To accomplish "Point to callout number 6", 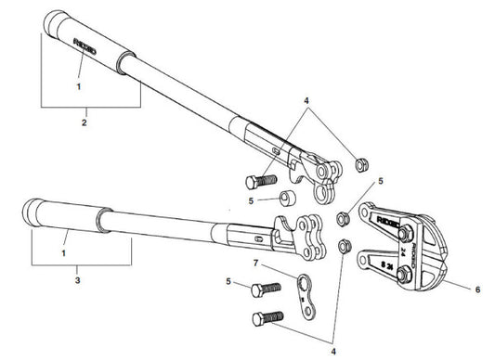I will pyautogui.click(x=477, y=290).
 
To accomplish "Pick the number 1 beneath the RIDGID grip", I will pyautogui.click(x=79, y=85).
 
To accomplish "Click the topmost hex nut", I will pyautogui.click(x=360, y=166).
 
